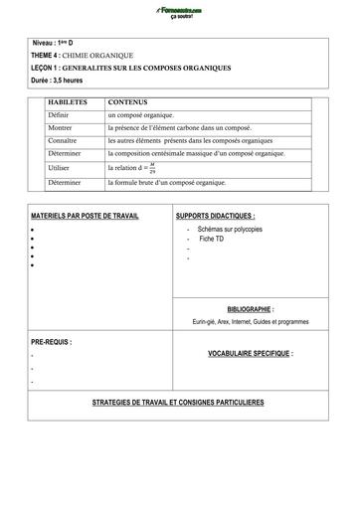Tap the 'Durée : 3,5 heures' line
click(63, 80)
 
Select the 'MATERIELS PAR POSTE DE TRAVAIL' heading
click(85, 216)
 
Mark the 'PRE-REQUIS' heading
click(51, 341)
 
